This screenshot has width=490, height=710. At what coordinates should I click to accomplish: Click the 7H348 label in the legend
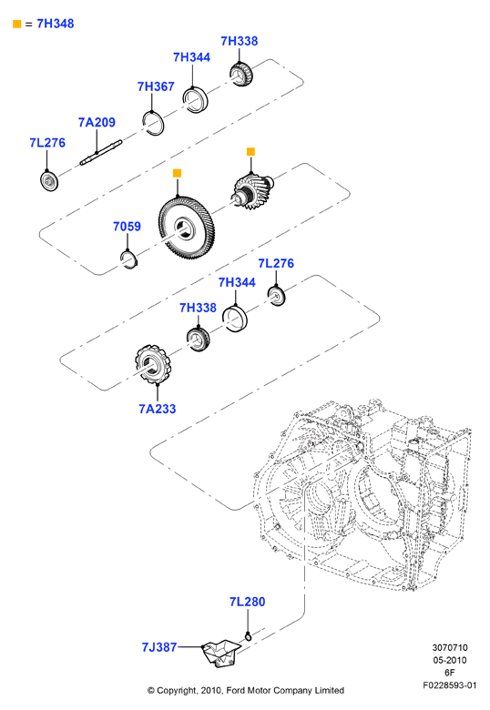click(56, 24)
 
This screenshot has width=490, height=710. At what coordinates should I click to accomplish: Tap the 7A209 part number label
click(97, 122)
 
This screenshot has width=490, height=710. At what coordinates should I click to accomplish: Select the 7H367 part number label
click(156, 86)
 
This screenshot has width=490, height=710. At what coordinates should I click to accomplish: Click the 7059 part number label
click(127, 227)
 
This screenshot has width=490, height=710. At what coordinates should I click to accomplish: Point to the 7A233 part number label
click(158, 409)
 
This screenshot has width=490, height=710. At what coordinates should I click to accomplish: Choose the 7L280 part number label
click(247, 602)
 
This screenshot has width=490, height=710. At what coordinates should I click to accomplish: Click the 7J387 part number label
click(159, 647)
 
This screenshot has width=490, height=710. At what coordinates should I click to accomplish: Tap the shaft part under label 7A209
click(101, 153)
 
